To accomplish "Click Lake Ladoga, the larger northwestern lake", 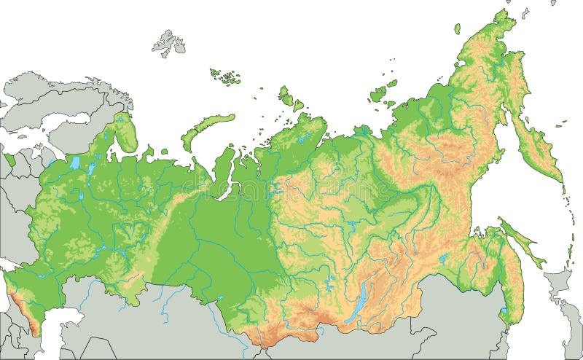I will point(74,163).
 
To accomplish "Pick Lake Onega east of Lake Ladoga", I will point(92,168).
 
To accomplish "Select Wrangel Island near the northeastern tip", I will point(458,28).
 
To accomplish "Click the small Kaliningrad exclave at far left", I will point(10,158).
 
